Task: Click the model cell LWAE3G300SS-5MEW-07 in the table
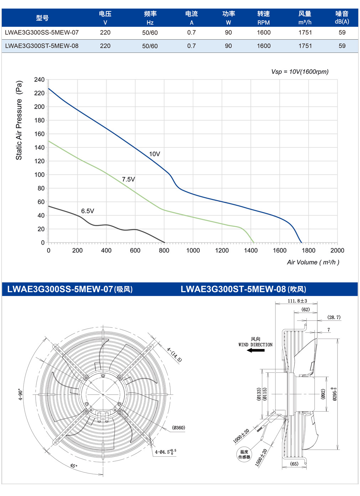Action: click(42, 32)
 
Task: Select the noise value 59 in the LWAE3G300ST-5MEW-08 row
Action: click(342, 46)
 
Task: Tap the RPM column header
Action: click(263, 22)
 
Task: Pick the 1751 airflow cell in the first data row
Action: click(305, 32)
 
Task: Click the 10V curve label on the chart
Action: click(154, 154)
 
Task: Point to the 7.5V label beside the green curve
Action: click(128, 179)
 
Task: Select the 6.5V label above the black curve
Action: click(88, 211)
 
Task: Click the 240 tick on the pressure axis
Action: click(39, 80)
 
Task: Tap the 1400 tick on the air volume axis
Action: click(251, 250)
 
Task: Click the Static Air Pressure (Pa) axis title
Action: click(19, 120)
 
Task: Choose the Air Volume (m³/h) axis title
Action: click(313, 262)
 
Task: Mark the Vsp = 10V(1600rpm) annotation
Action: click(300, 72)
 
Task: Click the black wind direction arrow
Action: click(256, 350)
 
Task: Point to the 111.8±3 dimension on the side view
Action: click(297, 301)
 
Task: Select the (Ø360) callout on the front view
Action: click(179, 427)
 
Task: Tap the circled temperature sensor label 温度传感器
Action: click(244, 454)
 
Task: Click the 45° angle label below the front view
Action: click(74, 466)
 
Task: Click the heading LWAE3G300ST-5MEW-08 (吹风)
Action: click(243, 289)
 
